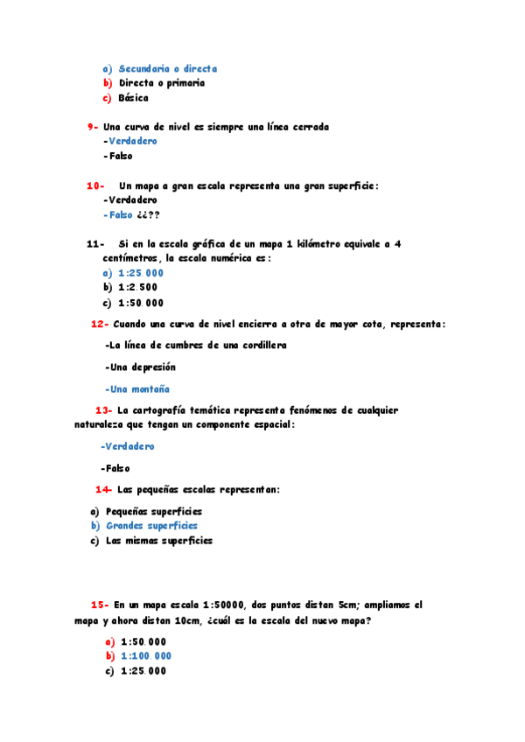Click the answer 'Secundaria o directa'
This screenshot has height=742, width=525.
tap(167, 68)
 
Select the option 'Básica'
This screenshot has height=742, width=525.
tap(134, 98)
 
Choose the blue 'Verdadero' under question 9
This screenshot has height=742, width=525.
tap(132, 141)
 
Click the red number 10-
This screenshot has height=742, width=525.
tap(95, 185)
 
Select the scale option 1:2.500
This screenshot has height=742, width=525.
tap(138, 287)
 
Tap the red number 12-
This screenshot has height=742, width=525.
tap(99, 324)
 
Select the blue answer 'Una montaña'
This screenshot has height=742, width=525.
tap(137, 389)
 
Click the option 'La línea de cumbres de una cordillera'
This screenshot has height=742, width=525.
tap(195, 346)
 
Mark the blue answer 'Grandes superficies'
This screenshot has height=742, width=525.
tap(151, 526)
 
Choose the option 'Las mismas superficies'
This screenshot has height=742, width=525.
tap(158, 541)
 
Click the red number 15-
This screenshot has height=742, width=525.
tap(99, 605)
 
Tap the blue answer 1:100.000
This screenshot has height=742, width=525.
tap(146, 656)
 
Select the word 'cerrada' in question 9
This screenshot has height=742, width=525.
tap(309, 127)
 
